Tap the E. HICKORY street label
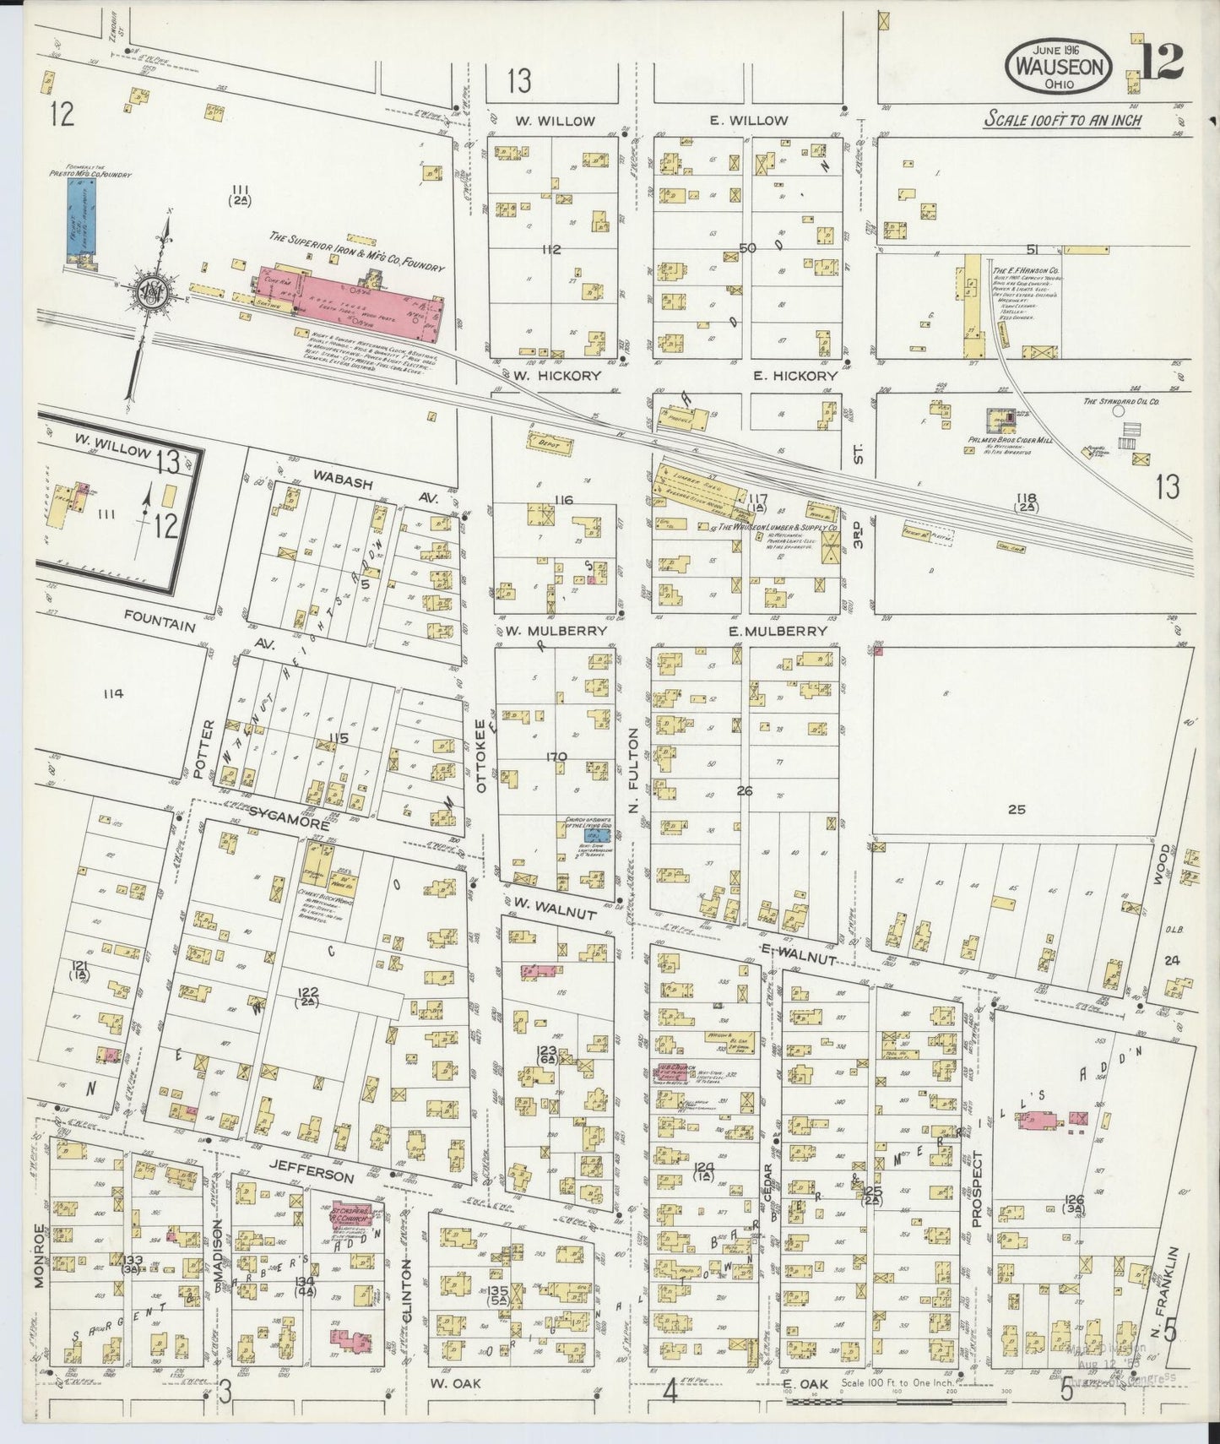794,376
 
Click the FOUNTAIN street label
160,627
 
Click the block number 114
111,693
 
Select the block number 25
1017,809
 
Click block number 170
556,756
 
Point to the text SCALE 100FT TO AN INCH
1062,120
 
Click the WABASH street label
338,475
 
